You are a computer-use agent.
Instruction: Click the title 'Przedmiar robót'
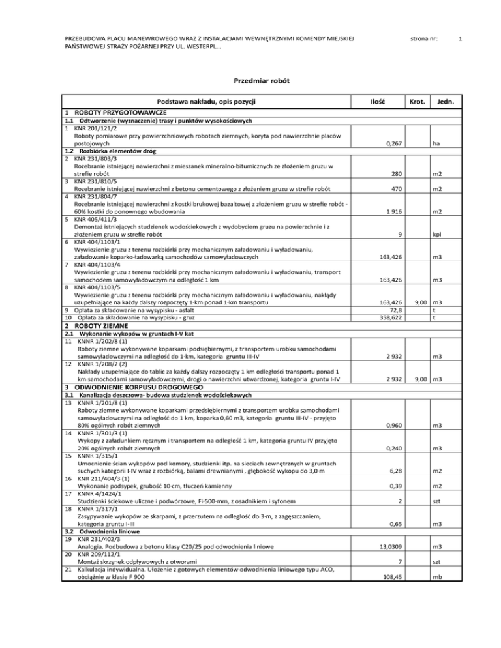click(250, 81)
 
